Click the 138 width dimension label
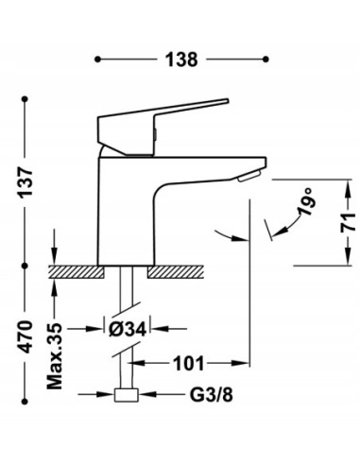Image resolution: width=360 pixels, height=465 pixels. coord(181,60)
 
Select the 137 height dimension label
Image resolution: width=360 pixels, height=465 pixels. coord(26,183)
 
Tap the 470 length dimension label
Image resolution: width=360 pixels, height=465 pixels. coord(26,336)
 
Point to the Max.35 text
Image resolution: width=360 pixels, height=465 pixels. coord(55,356)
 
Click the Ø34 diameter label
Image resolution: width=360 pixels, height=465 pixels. coord(128,330)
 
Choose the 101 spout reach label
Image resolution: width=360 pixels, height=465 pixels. coord(189,364)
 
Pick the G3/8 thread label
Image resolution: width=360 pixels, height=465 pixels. coord(211,394)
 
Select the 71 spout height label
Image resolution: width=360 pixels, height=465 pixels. coord(348,222)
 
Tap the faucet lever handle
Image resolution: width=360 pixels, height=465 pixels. coord(158,126)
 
